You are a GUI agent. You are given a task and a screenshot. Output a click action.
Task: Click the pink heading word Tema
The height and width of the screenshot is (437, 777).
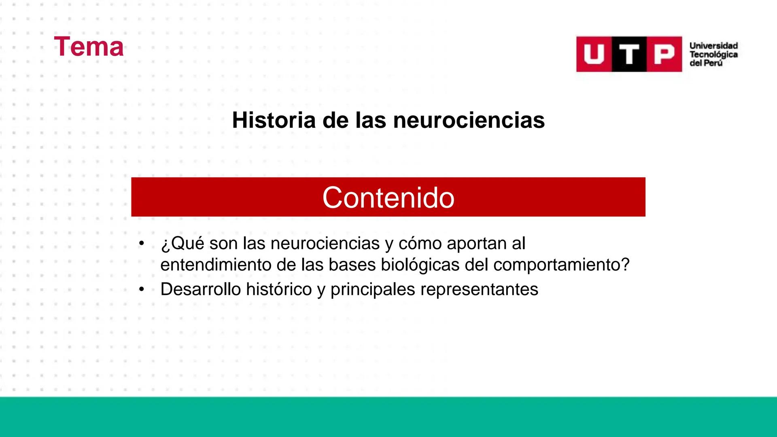89,47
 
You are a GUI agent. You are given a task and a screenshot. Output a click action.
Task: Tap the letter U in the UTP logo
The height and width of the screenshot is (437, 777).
594,54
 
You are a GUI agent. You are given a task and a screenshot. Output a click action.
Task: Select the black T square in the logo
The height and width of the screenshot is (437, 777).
629,54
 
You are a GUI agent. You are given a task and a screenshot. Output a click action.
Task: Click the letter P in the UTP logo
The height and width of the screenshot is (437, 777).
664,54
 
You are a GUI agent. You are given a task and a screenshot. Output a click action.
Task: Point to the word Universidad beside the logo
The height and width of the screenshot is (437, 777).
713,46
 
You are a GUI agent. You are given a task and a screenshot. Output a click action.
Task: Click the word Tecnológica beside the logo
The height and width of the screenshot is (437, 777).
713,55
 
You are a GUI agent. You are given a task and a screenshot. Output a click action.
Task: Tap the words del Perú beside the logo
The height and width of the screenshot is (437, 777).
706,64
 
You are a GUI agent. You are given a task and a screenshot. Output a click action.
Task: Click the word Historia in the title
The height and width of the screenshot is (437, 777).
274,120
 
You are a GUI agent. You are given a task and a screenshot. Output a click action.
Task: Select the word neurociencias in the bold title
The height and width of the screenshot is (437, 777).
469,120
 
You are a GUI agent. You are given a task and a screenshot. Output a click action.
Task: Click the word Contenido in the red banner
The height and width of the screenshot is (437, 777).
388,198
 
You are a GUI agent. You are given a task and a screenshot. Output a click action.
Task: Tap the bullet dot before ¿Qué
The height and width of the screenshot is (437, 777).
141,244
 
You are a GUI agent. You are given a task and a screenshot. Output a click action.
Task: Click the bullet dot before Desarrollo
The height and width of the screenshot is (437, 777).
141,290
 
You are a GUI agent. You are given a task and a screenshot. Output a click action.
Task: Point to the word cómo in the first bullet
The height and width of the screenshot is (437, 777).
420,244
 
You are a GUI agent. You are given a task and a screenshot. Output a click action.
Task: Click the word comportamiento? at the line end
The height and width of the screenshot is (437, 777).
561,265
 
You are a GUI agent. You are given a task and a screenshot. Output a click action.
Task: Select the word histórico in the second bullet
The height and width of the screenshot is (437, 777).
279,290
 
